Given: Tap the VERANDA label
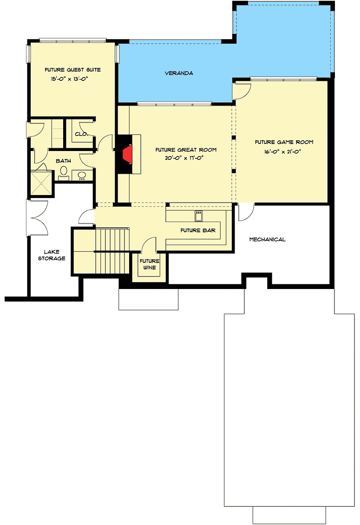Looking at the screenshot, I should click(x=179, y=73).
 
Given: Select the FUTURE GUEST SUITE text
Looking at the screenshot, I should click(x=72, y=70).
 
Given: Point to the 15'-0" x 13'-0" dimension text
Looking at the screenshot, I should click(x=70, y=79).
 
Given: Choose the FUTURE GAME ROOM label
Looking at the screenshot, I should click(x=284, y=142).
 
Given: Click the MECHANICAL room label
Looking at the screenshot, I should click(x=267, y=239).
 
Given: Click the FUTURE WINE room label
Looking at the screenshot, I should click(x=150, y=264).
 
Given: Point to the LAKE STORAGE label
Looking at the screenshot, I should click(x=52, y=255).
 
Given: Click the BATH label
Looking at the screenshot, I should click(x=64, y=161).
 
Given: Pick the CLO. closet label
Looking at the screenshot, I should click(x=80, y=134).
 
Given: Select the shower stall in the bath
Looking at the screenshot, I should click(x=41, y=184).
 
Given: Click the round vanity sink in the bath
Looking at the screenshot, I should click(x=82, y=176).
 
